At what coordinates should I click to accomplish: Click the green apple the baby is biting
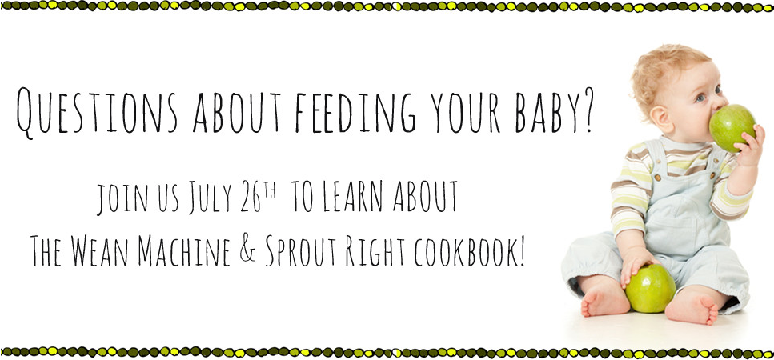click(732, 127)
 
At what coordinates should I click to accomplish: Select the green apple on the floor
click(650, 289)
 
